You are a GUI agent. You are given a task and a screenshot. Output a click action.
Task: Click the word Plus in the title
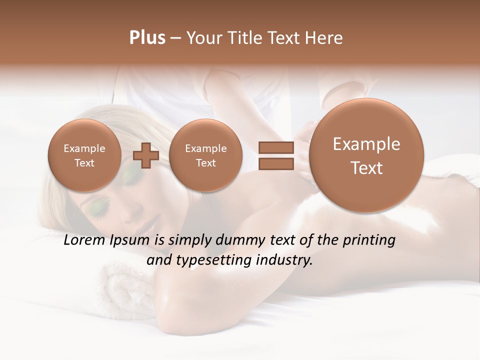[147, 37]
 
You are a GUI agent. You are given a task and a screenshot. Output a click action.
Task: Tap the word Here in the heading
[325, 38]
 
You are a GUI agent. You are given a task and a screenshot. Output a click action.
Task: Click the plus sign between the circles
[145, 155]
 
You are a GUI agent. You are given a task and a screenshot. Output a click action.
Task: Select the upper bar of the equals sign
[276, 148]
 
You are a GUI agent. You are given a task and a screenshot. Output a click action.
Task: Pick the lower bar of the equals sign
[276, 163]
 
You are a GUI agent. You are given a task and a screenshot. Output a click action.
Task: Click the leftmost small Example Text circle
[84, 155]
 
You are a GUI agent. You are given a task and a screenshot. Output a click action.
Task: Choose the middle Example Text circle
[205, 155]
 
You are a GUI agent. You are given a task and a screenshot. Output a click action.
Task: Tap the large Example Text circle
[366, 156]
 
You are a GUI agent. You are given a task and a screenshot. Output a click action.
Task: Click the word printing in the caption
[368, 240]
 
